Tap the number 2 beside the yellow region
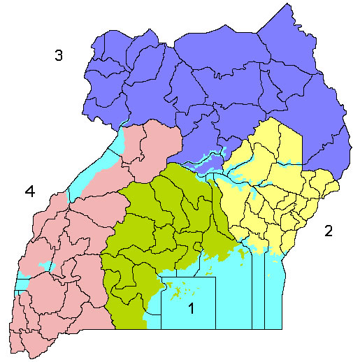tap(328, 231)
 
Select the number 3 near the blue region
tap(60, 56)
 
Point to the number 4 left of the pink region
tap(29, 189)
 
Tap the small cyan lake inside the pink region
tap(48, 266)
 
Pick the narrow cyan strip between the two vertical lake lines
tap(258, 294)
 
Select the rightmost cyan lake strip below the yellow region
tap(275, 294)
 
